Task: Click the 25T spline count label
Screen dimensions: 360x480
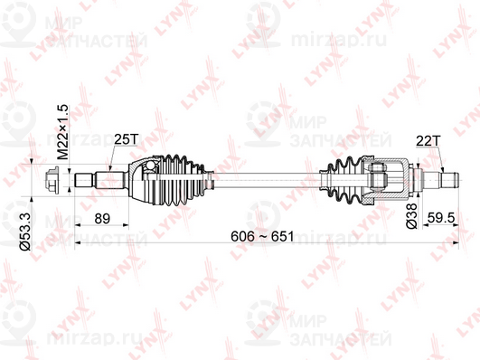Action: coord(126,139)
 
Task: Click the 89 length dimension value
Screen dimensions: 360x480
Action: coord(102,219)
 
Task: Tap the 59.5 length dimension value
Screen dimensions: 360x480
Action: coord(441,219)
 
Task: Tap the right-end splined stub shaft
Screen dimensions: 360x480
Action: coord(441,180)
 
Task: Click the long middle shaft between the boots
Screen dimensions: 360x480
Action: coord(262,180)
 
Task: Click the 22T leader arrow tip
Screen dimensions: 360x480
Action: coord(442,172)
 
